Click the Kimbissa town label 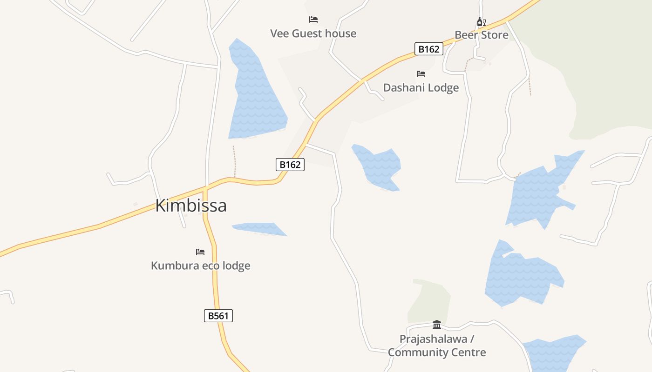coord(191,206)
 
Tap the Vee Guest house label coord(313,33)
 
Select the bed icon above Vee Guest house coord(313,20)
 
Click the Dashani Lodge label coord(421,87)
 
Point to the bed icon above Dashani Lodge coord(421,73)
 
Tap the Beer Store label coord(482,35)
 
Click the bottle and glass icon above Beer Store coord(482,21)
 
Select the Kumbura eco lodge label coord(201,266)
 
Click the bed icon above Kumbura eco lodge coord(200,252)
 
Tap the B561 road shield coord(218,316)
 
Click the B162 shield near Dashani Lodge coord(428,49)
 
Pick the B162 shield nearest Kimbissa coord(290,164)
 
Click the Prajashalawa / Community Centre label coord(437,345)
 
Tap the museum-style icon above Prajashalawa coord(437,325)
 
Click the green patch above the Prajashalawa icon coord(429,300)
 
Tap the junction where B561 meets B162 coord(205,188)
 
